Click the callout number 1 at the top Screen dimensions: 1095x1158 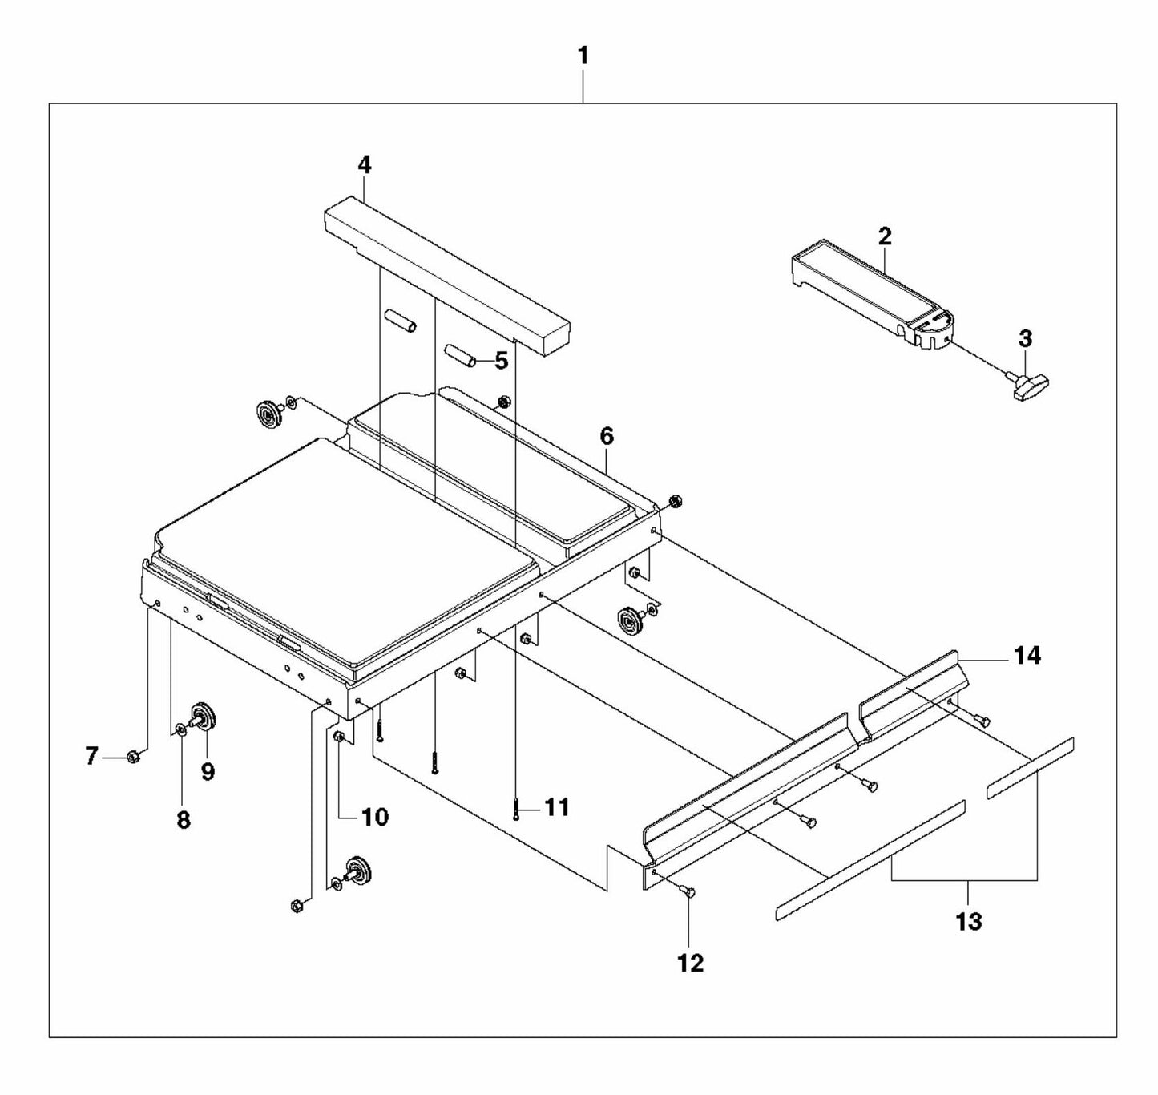click(x=583, y=56)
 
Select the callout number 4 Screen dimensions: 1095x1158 click(x=364, y=165)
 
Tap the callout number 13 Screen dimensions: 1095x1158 click(x=968, y=922)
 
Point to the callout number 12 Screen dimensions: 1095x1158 click(x=691, y=963)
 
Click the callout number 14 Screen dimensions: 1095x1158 click(x=1027, y=656)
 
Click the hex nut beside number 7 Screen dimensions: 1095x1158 click(x=134, y=755)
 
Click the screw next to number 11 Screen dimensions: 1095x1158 click(x=515, y=808)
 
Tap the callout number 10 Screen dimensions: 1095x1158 click(x=374, y=817)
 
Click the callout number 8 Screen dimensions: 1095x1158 click(x=184, y=820)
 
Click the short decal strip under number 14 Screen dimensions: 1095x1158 click(x=1029, y=768)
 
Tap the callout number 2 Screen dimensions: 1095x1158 click(x=884, y=236)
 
